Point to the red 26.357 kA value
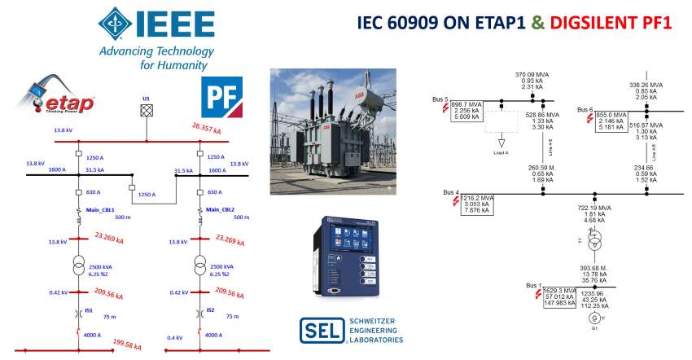208,130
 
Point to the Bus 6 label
585,109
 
